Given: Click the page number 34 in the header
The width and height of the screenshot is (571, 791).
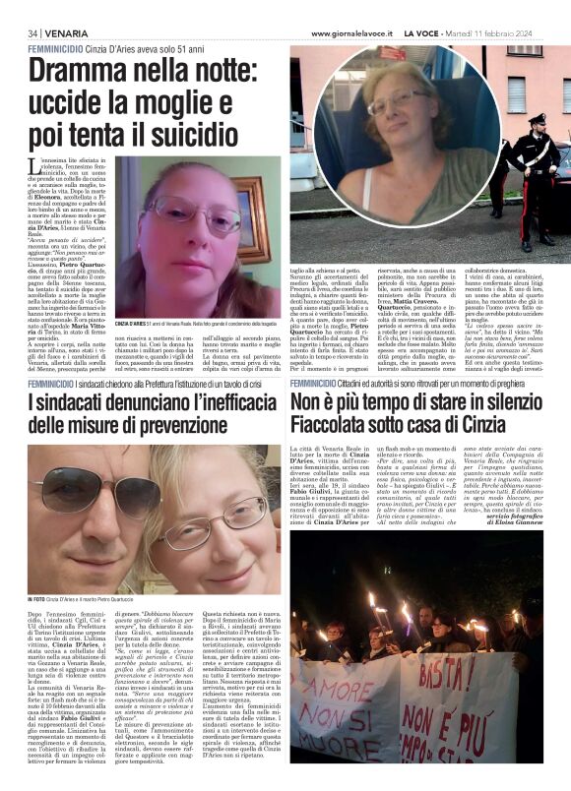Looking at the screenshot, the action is [x=33, y=33].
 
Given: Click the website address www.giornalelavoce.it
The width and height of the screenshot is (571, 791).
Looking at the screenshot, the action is [x=357, y=33].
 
